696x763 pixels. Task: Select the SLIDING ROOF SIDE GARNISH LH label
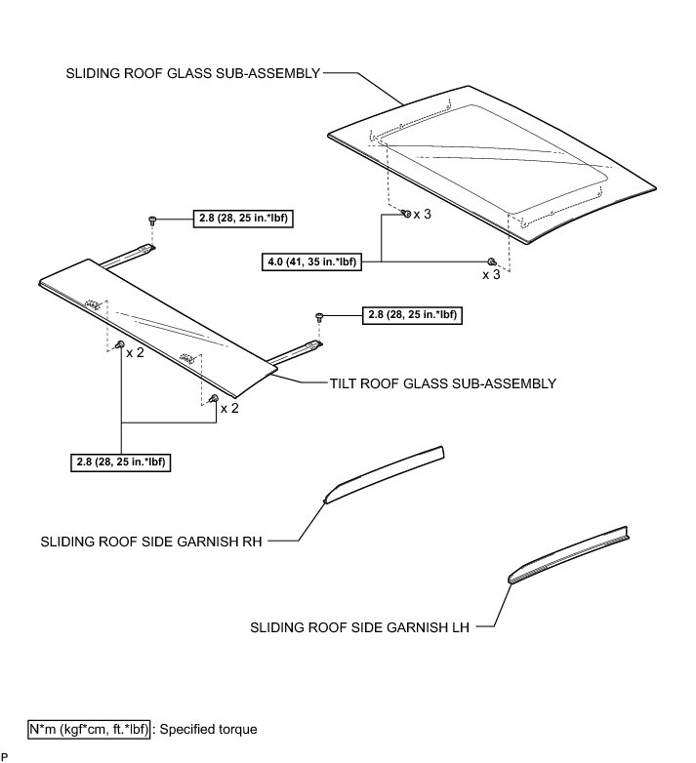pyautogui.click(x=360, y=629)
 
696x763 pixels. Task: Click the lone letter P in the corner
pyautogui.click(x=5, y=756)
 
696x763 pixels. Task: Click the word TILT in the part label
pyautogui.click(x=346, y=383)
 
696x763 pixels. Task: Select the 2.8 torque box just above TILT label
pyautogui.click(x=412, y=314)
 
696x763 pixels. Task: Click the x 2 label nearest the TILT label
pyautogui.click(x=229, y=408)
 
